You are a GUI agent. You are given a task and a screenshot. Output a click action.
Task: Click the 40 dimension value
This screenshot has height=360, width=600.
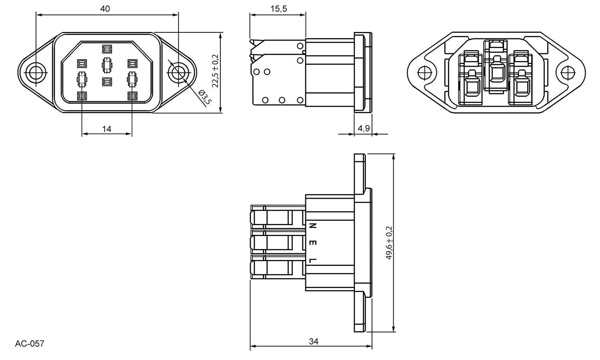click(x=105, y=9)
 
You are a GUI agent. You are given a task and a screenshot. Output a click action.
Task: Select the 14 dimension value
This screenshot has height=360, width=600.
click(x=107, y=129)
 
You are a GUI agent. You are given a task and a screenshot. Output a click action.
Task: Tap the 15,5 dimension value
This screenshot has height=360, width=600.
click(x=278, y=9)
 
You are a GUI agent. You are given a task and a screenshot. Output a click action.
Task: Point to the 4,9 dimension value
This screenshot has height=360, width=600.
click(x=363, y=128)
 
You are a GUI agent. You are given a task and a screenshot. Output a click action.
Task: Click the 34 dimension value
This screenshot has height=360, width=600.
click(x=314, y=341)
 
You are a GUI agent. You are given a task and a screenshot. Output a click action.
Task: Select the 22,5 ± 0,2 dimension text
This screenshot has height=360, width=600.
click(x=216, y=71)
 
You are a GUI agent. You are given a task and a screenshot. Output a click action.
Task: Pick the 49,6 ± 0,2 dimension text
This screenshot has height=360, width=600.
click(x=389, y=243)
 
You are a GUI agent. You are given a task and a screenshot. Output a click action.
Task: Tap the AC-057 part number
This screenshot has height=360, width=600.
click(x=30, y=344)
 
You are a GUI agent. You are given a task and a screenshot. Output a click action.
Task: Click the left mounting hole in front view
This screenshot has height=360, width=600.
click(x=35, y=73)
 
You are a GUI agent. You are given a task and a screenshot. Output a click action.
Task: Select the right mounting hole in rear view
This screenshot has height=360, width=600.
click(x=567, y=73)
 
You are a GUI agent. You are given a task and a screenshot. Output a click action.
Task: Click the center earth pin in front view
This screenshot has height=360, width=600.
click(x=107, y=64)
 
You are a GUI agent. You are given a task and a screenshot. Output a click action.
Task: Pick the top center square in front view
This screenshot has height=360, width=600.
click(x=107, y=49)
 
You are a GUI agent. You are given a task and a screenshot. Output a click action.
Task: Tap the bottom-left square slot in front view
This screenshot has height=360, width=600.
click(x=82, y=96)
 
